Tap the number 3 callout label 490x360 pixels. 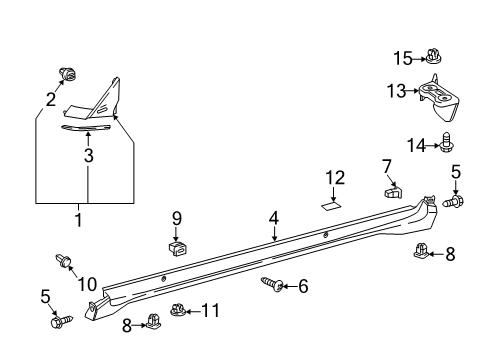point(88,155)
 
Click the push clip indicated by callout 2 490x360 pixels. point(68,73)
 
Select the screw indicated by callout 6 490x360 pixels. point(271,285)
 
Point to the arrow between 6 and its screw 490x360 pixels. point(287,286)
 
